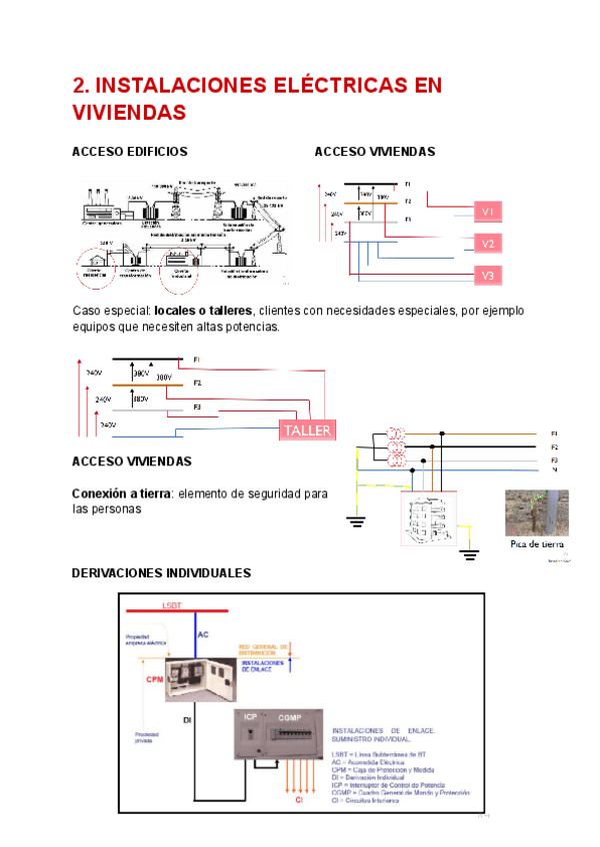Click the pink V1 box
(x=488, y=212)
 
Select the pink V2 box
(x=488, y=244)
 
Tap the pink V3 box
(x=488, y=276)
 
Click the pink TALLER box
(x=307, y=429)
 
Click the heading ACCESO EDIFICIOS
(x=130, y=151)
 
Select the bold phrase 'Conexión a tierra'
(x=121, y=493)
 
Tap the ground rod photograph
(x=537, y=512)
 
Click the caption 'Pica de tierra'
(x=537, y=544)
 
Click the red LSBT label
(x=172, y=606)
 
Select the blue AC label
(x=203, y=634)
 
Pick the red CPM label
(x=154, y=679)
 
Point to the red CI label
(x=297, y=800)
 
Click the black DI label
(x=187, y=718)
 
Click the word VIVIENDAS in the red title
(x=130, y=113)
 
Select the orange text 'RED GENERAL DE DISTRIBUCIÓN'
(x=264, y=650)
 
